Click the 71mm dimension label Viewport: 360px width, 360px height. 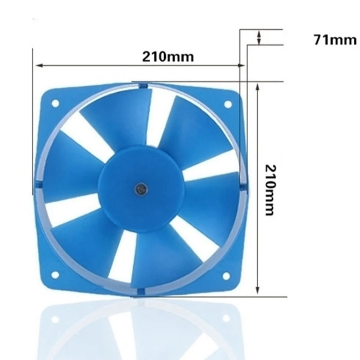tap(335, 40)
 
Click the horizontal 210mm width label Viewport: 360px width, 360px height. tap(168, 57)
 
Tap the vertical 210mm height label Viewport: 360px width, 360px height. tap(270, 189)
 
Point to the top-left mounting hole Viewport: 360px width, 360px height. tap(55, 103)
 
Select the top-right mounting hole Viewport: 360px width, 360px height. tap(228, 104)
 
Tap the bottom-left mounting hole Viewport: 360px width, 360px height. tap(55, 274)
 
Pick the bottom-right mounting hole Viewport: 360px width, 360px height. tap(226, 275)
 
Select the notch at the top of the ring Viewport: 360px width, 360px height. tap(143, 85)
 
